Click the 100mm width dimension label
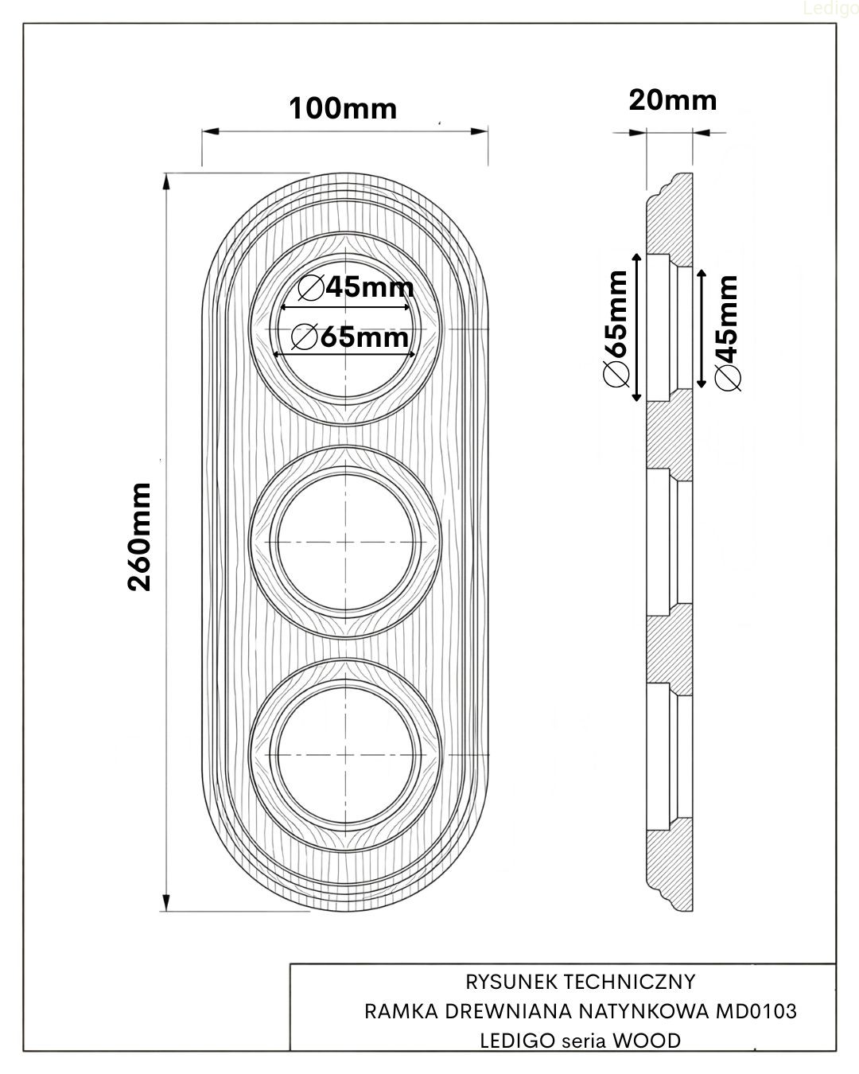[342, 108]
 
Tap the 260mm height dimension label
[141, 535]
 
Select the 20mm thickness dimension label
[672, 100]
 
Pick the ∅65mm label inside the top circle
[351, 337]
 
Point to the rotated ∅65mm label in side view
[616, 329]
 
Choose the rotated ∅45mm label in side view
[727, 333]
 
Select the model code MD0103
[756, 1011]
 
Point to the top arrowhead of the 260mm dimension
[166, 181]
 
